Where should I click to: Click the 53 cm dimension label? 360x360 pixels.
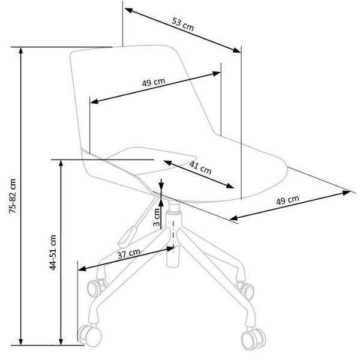click(184, 25)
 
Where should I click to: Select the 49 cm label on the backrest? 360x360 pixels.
click(154, 82)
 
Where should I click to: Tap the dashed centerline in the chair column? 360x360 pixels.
click(173, 234)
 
